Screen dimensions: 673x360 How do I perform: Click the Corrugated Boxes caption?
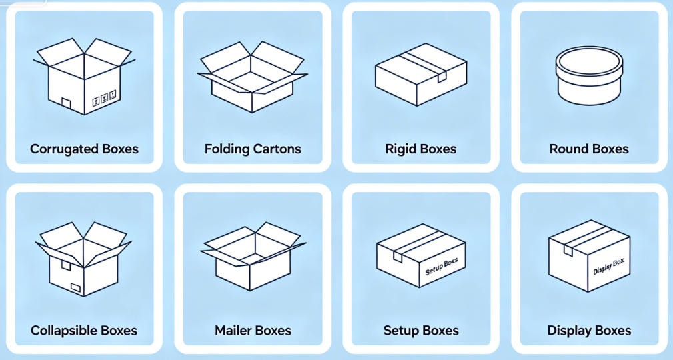coord(84,149)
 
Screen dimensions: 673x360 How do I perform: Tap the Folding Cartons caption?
coord(253,149)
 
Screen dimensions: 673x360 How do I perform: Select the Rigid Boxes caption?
coord(420,149)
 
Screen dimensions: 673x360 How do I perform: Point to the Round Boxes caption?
coord(589,149)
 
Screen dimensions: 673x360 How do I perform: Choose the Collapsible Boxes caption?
coord(84,331)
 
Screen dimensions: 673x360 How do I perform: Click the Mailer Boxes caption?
coord(253,331)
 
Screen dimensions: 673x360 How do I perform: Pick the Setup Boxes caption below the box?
coord(421,331)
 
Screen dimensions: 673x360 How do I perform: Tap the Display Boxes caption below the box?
coord(589,331)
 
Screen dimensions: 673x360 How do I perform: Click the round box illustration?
coord(589,75)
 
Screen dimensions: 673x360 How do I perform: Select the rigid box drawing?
coord(421,74)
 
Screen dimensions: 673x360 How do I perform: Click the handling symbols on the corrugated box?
coord(105,99)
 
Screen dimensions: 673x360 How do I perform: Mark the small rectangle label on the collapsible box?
coord(76,287)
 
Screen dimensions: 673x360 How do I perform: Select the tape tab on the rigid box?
coord(442,77)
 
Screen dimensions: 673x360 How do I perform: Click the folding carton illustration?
coord(253,77)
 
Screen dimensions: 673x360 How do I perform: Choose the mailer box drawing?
coord(253,256)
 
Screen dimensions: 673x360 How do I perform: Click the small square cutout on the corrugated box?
coord(66,103)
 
